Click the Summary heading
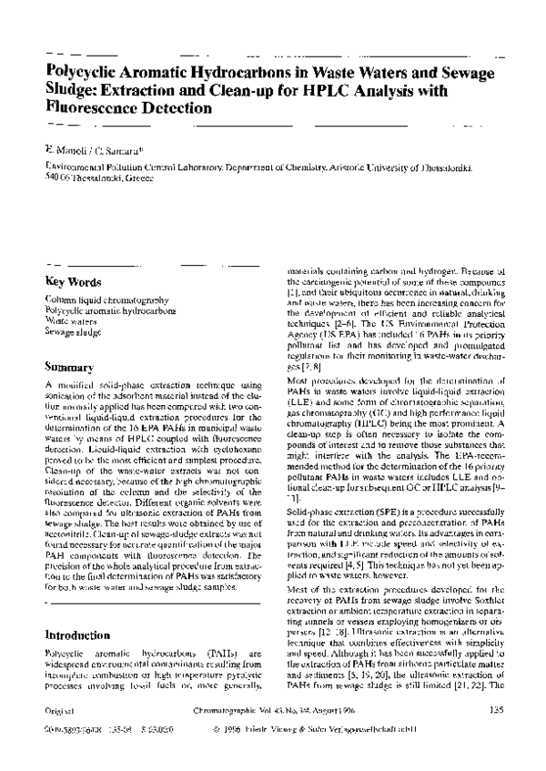pos(69,367)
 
